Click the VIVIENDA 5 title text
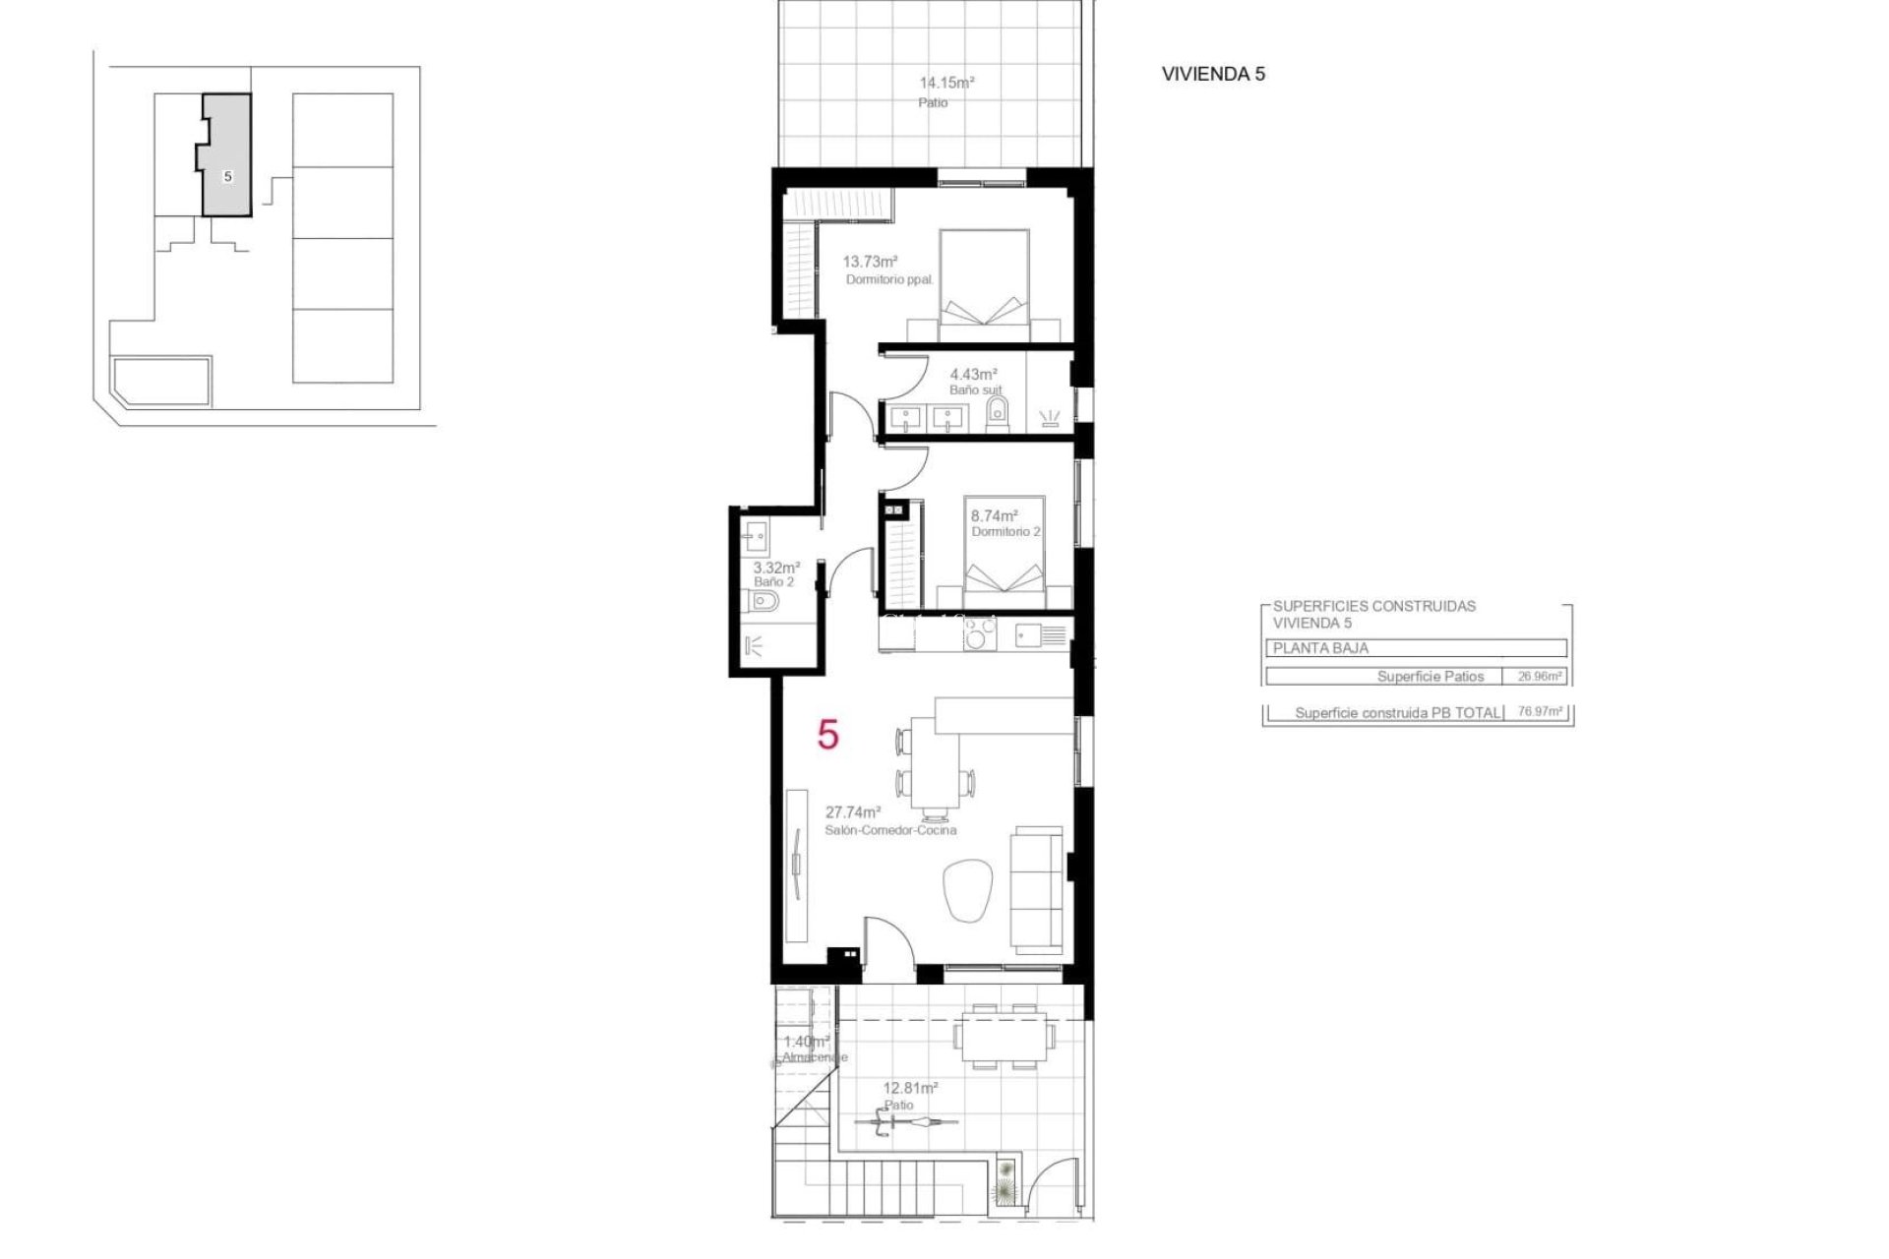[1212, 74]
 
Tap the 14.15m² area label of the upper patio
[945, 84]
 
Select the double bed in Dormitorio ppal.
[984, 280]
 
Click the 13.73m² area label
[870, 262]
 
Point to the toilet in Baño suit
[998, 412]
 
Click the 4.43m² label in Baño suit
[973, 374]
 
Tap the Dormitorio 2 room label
[1005, 532]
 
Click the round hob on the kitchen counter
[980, 636]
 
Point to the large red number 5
[828, 734]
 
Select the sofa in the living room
[1039, 889]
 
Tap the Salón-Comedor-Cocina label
[889, 830]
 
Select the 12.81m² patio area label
[910, 1088]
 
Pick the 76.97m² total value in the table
[1540, 712]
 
